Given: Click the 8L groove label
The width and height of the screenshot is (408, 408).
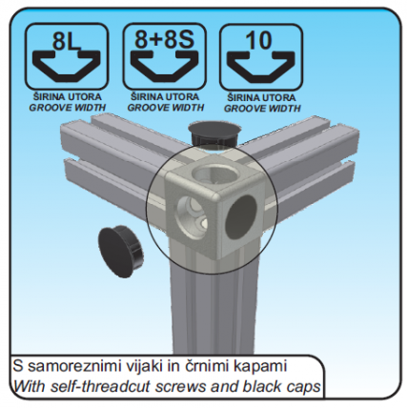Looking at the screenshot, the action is (x=66, y=42).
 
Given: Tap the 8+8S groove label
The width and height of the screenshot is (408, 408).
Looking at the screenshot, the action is (x=164, y=40).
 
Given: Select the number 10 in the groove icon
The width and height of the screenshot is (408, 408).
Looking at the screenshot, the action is (x=260, y=40).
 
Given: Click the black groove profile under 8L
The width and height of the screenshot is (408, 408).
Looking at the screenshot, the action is (x=67, y=66).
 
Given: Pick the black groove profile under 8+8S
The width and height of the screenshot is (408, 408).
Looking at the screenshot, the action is (x=164, y=66).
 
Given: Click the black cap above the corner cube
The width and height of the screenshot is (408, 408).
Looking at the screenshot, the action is (x=214, y=133).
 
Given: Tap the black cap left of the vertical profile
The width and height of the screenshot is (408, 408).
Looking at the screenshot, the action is (x=120, y=251).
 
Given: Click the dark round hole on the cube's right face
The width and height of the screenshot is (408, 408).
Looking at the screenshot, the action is (x=240, y=216).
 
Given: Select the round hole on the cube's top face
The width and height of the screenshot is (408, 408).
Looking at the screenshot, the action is (x=215, y=173).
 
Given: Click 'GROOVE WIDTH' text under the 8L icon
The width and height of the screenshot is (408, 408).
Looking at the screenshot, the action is (x=67, y=108).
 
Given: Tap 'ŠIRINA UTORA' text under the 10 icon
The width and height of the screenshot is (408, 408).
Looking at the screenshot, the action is (x=262, y=97).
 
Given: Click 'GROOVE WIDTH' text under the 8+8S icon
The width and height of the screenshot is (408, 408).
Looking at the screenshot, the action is (x=165, y=108).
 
